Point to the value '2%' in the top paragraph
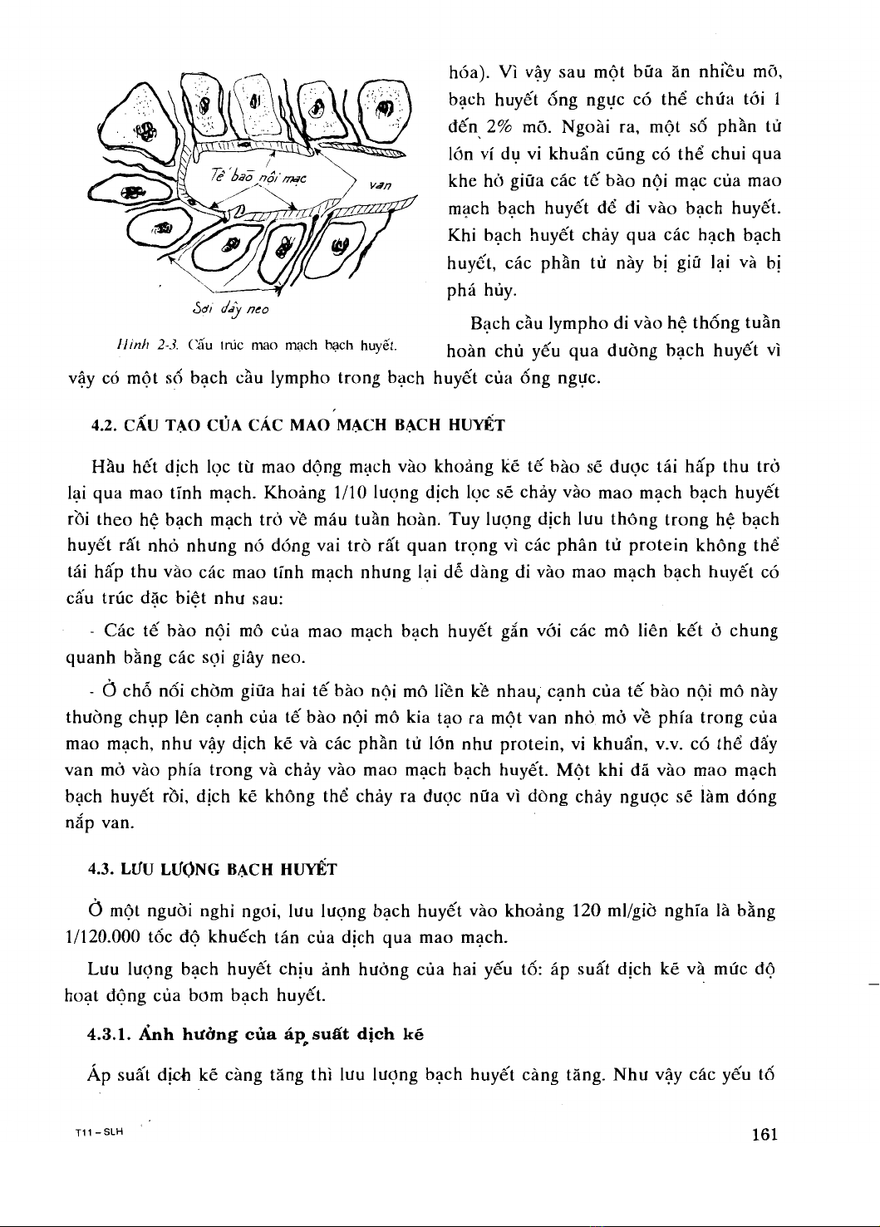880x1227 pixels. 500,128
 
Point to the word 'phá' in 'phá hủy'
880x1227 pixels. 461,291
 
